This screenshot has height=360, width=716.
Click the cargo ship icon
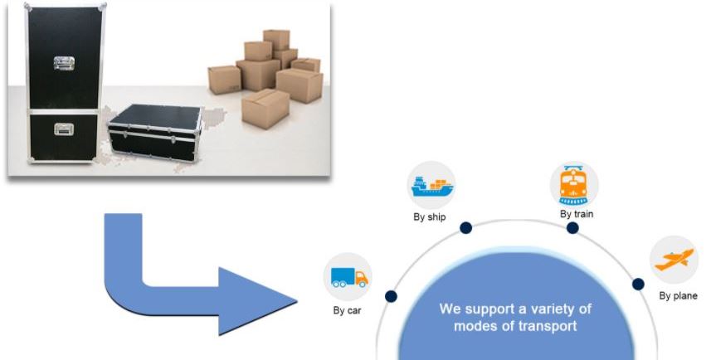coord(431,184)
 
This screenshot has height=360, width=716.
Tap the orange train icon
coord(574,183)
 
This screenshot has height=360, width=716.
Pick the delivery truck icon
coord(348,277)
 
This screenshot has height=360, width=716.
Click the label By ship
coord(430,218)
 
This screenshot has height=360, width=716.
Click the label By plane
coord(678,295)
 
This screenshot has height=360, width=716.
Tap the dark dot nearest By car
coord(391,295)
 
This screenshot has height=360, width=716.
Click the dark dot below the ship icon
coord(466,227)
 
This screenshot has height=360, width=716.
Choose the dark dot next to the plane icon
coord(638,285)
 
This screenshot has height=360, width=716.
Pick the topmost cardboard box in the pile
coord(276,40)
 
